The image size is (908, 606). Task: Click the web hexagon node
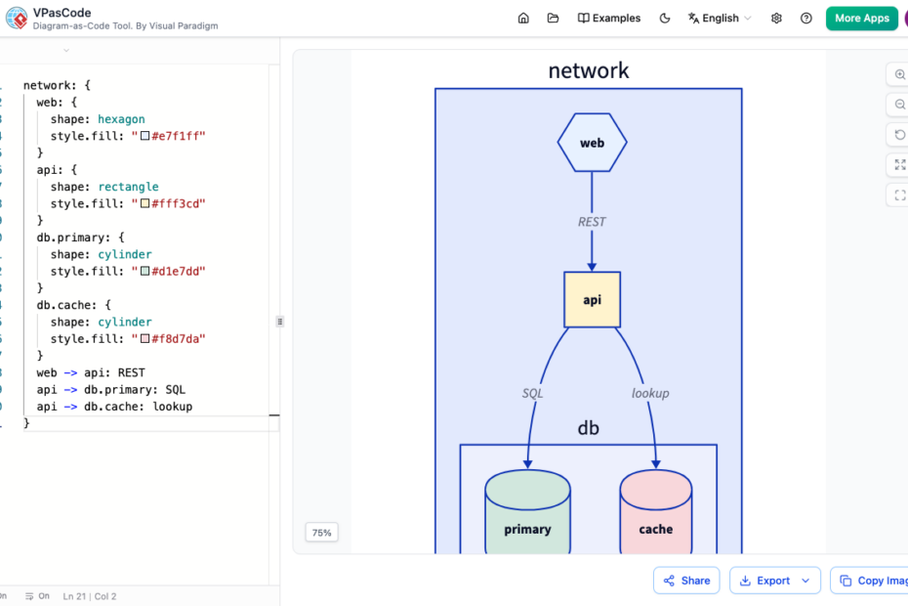592,143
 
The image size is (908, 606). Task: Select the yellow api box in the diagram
592,300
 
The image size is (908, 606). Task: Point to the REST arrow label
592,222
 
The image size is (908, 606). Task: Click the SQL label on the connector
532,393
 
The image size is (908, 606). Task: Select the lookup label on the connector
650,393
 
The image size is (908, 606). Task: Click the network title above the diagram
589,70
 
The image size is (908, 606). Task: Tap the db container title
589,428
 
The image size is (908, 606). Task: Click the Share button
686,581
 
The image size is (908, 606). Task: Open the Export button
775,581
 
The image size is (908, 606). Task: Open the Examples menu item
609,18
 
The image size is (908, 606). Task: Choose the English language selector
720,18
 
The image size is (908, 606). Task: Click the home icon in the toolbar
523,18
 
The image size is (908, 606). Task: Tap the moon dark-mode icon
665,18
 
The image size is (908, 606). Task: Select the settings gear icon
776,18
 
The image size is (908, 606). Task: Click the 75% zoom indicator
321,533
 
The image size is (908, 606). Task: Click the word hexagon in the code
121,119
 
